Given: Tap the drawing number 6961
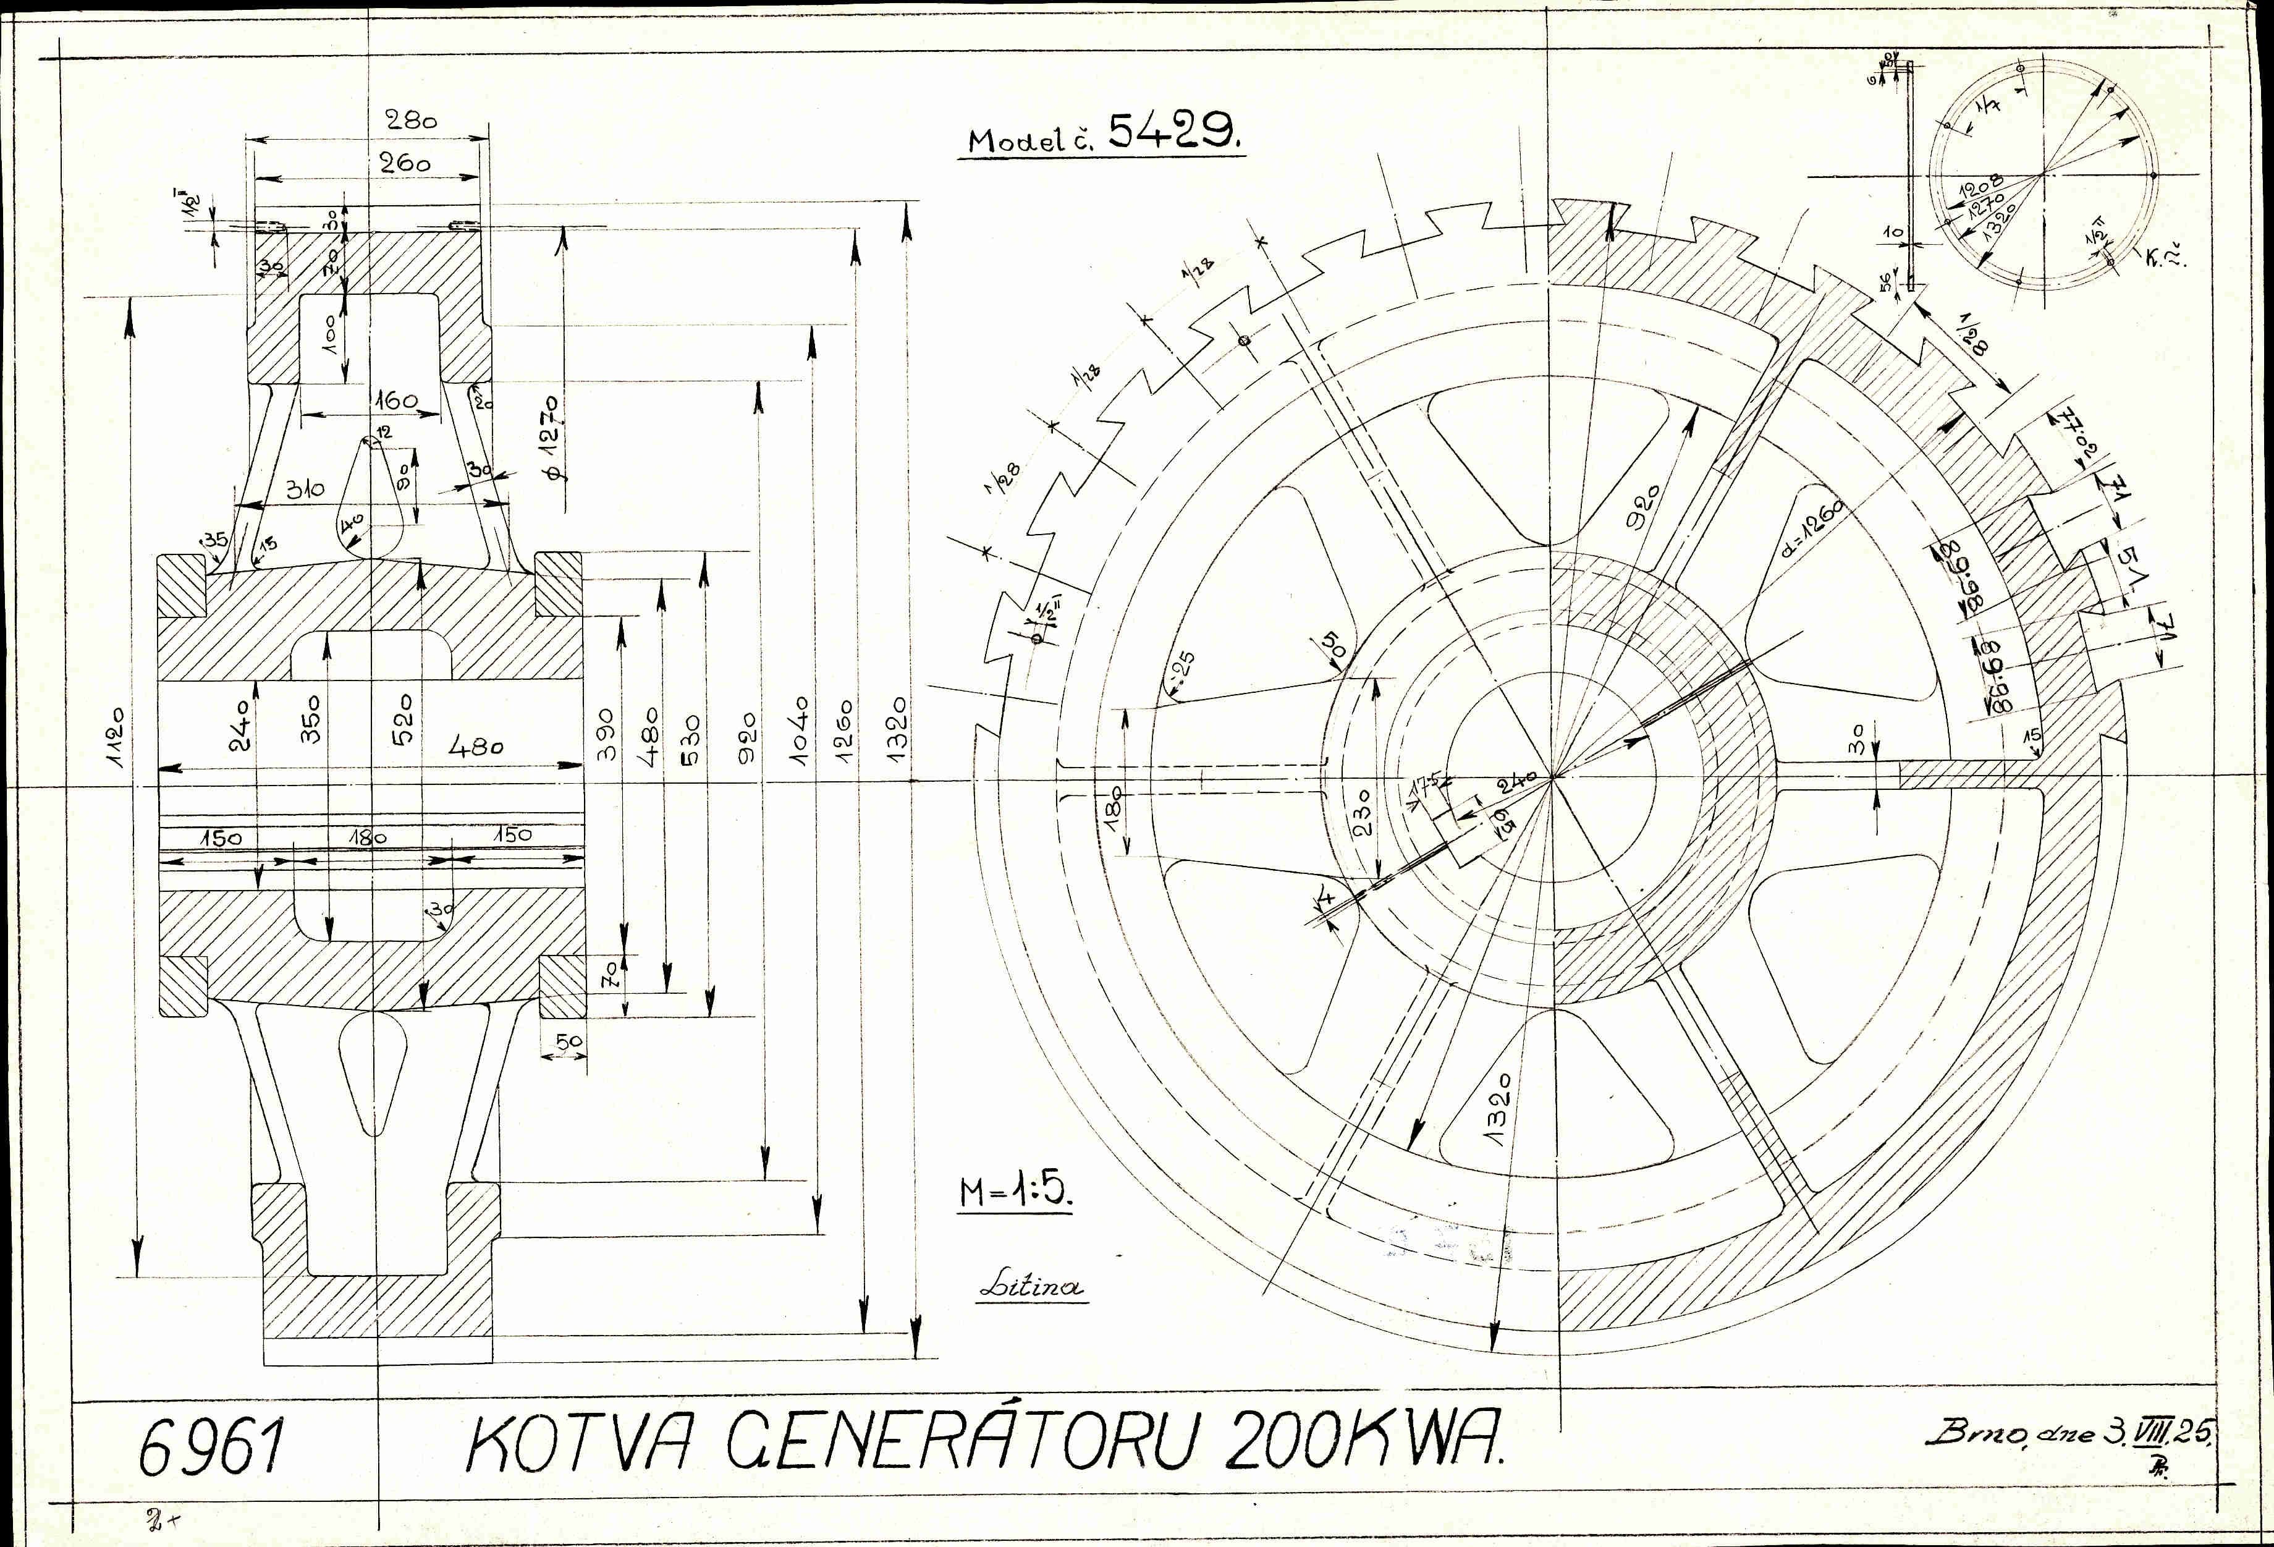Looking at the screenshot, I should click(x=209, y=1449).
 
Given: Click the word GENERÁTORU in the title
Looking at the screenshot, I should click(x=959, y=1443).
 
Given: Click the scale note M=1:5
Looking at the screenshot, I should click(x=1016, y=1191).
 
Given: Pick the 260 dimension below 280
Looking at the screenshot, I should click(x=405, y=163).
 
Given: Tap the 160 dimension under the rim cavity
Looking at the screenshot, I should click(x=395, y=401).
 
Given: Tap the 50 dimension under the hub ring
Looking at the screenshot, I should click(x=568, y=1042).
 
